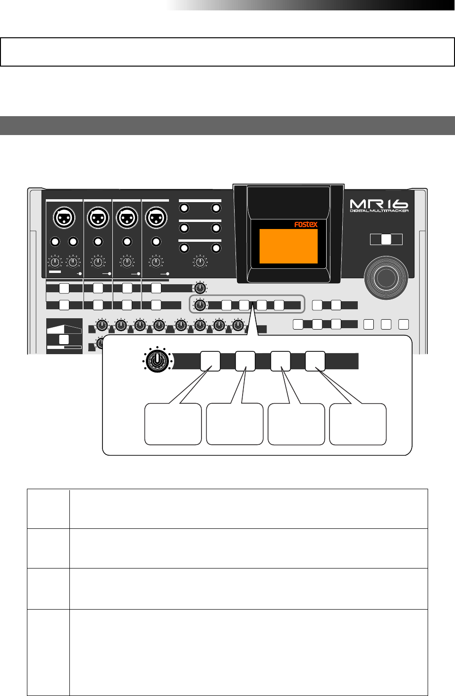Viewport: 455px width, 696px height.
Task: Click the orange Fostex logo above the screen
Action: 306,225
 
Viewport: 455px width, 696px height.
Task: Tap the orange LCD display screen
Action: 288,246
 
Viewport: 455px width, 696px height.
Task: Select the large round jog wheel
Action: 386,279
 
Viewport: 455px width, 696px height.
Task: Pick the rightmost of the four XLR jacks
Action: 156,218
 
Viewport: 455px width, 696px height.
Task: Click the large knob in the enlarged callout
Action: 157,361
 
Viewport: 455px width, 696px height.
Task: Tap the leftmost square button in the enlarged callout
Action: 210,361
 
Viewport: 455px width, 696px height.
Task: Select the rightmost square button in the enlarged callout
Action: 315,361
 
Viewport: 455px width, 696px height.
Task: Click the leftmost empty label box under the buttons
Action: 173,424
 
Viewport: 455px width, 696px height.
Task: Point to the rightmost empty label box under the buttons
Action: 358,424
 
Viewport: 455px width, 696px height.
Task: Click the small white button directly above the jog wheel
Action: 386,239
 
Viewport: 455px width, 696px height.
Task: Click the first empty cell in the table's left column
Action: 48,509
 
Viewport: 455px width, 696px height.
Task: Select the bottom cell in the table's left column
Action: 48,652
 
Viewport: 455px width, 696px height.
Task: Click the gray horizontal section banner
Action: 227,126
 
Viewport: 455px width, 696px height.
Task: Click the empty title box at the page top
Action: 227,52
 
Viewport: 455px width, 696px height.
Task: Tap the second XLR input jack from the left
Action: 98,218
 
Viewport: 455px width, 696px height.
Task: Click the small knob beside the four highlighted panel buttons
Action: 200,305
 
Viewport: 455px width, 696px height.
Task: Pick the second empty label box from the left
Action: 235,424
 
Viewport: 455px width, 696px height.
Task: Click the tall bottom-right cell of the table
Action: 248,652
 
